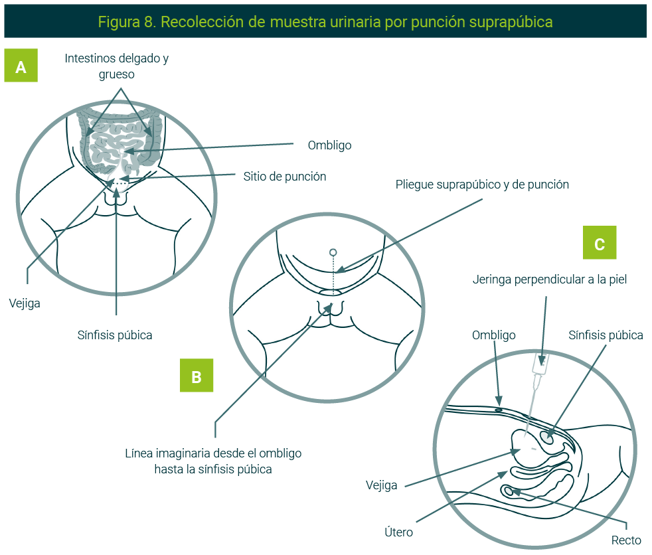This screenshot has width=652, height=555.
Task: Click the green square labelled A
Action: (21, 66)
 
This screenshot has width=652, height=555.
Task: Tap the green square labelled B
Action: (197, 376)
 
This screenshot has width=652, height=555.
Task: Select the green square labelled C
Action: (600, 242)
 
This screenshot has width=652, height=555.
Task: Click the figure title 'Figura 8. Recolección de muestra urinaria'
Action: (325, 21)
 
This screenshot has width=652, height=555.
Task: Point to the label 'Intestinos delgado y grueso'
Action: (117, 66)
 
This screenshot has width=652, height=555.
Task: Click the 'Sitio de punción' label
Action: (284, 177)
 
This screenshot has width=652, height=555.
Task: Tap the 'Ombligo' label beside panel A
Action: (329, 145)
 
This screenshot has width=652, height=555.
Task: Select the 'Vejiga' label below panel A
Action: (25, 303)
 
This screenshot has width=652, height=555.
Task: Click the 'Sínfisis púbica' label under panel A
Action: (115, 335)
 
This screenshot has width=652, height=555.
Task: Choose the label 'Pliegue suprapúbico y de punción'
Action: (482, 185)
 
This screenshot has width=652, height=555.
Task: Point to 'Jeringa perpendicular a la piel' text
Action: (550, 279)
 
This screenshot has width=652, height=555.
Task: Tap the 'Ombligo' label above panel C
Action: (493, 335)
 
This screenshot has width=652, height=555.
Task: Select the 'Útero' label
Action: (399, 532)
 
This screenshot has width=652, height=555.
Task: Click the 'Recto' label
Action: (626, 540)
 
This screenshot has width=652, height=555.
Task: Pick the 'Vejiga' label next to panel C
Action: (382, 485)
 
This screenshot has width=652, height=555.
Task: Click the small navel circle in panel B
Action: (333, 253)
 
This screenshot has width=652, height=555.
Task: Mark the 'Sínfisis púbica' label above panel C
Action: (606, 335)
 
